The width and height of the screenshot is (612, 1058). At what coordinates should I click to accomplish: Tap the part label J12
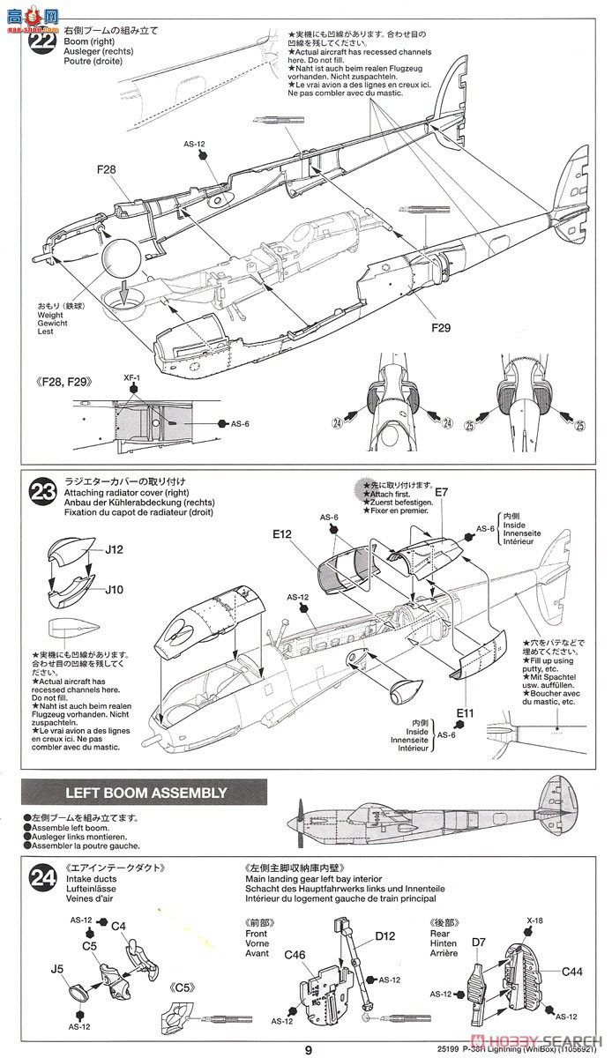(114, 550)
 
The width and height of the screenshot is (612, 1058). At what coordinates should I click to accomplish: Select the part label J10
(114, 590)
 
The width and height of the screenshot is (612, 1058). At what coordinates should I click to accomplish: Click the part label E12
(282, 533)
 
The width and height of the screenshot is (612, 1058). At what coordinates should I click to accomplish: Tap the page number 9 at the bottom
(308, 1049)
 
